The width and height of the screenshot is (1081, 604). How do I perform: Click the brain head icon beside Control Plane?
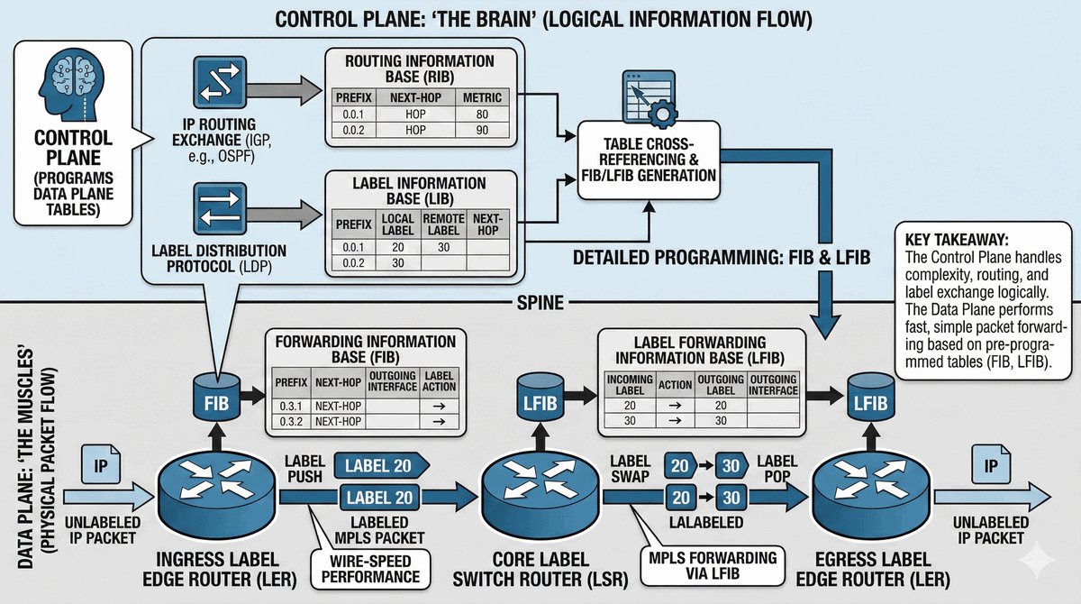(x=73, y=89)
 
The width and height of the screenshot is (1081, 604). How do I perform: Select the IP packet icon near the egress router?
(x=991, y=466)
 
